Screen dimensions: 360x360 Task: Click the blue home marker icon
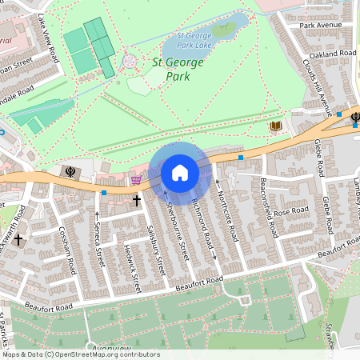point(180,173)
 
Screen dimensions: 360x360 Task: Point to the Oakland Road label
point(333,54)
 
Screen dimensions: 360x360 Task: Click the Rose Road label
point(291,213)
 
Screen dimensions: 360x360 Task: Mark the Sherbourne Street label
point(176,229)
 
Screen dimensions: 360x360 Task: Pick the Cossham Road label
point(66,248)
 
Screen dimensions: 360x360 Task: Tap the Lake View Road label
point(47,42)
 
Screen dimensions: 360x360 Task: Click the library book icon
point(276,126)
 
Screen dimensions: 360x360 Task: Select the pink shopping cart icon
point(135,181)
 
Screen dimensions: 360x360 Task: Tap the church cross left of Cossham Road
point(18,239)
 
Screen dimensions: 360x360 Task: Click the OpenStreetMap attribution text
point(80,354)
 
